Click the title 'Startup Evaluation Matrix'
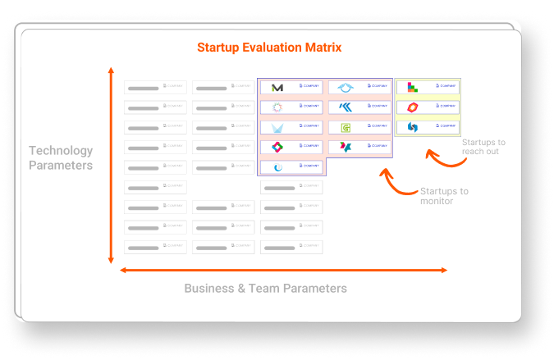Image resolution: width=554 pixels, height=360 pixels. (x=269, y=48)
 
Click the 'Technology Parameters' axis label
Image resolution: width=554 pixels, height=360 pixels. (x=61, y=157)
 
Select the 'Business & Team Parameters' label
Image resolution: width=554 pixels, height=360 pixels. (x=265, y=288)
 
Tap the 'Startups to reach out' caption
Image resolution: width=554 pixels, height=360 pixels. (x=483, y=147)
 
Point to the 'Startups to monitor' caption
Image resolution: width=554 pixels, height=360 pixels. (x=443, y=196)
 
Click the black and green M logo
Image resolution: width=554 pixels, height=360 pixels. (x=277, y=88)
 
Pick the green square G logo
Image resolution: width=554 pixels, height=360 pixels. (x=346, y=127)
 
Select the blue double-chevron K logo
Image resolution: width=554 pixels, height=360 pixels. (x=346, y=107)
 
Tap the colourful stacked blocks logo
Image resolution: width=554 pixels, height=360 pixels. (x=413, y=87)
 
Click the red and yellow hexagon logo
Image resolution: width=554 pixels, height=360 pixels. (x=413, y=107)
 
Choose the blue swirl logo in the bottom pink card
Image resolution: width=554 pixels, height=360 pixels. (x=277, y=166)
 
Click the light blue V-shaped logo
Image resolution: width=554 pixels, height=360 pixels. (x=277, y=127)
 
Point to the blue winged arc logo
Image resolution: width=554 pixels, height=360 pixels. (x=346, y=88)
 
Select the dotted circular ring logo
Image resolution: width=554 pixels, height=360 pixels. (x=277, y=107)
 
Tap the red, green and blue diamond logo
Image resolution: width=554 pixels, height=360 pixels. (x=277, y=147)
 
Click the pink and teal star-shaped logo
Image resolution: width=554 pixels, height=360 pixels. (x=346, y=147)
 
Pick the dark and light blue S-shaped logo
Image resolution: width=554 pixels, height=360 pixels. (x=413, y=127)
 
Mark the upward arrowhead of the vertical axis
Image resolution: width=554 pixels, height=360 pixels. (x=111, y=71)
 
